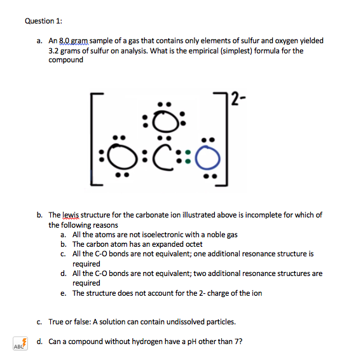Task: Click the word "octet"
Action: click(x=193, y=244)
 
